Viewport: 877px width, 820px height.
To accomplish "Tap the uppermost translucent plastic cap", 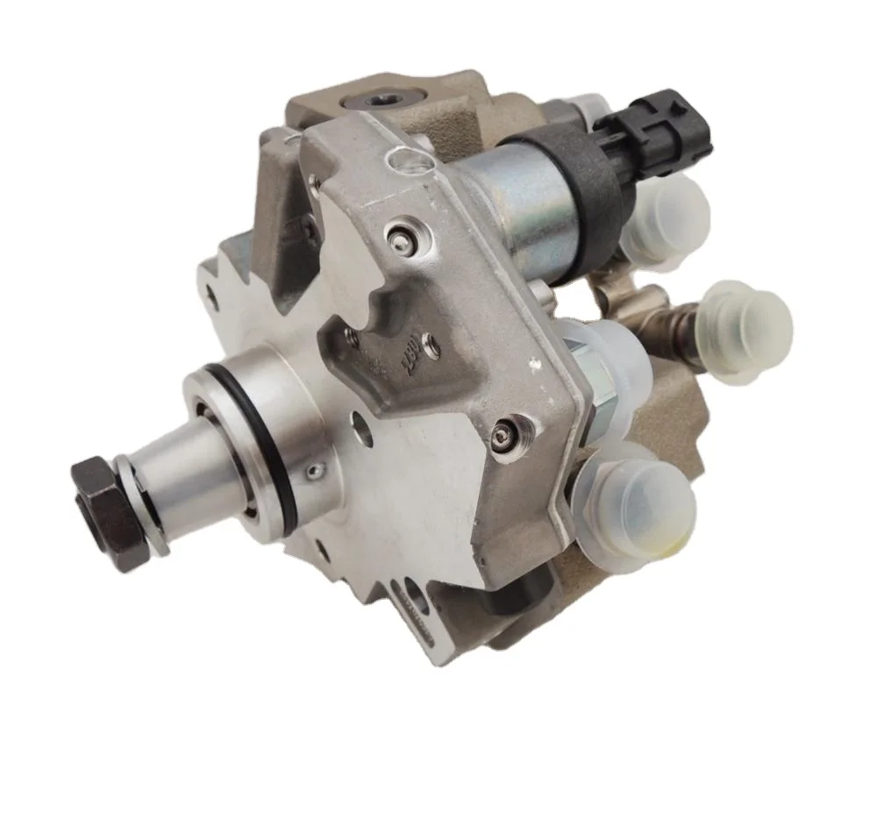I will point(668,219).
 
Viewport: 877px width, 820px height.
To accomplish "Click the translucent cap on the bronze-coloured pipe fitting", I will point(745,324).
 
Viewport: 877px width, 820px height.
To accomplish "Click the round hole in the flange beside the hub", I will point(361,429).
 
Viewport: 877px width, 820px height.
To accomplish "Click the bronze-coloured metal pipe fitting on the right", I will point(680,324).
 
